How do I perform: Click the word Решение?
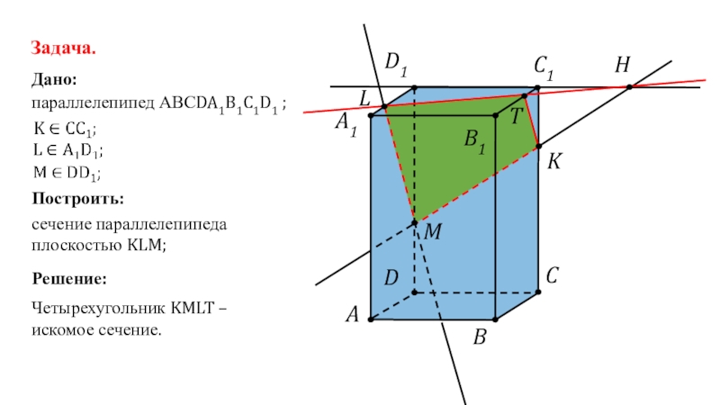(x=70, y=279)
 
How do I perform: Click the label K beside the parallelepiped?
(x=554, y=161)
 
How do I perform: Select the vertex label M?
(x=432, y=233)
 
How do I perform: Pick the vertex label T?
(x=515, y=116)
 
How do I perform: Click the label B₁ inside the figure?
(x=474, y=140)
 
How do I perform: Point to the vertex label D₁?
(x=396, y=64)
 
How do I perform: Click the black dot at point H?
(x=629, y=86)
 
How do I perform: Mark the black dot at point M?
(x=414, y=222)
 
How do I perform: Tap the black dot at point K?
(x=537, y=146)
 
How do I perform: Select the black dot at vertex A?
(x=371, y=319)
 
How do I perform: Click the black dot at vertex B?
(x=495, y=319)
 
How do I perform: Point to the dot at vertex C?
(x=538, y=292)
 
